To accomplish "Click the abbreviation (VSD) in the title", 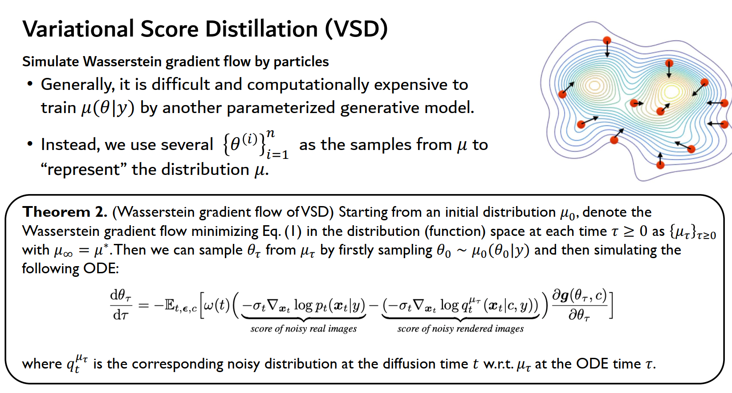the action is pos(356,29).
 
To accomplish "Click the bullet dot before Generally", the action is pos(30,84).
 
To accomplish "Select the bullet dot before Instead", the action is pos(30,144).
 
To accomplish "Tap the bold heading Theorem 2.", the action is pos(65,212).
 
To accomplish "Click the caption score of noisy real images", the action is pos(303,329).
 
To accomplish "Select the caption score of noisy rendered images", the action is pos(460,329).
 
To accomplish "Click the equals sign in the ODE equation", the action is pos(143,305).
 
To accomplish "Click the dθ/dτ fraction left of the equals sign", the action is pos(121,305).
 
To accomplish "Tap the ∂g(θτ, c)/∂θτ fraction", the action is pos(579,305).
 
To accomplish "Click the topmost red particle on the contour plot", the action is pos(606,41).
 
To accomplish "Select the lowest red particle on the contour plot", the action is pos(660,165).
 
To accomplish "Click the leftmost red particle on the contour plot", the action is pos(563,94).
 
